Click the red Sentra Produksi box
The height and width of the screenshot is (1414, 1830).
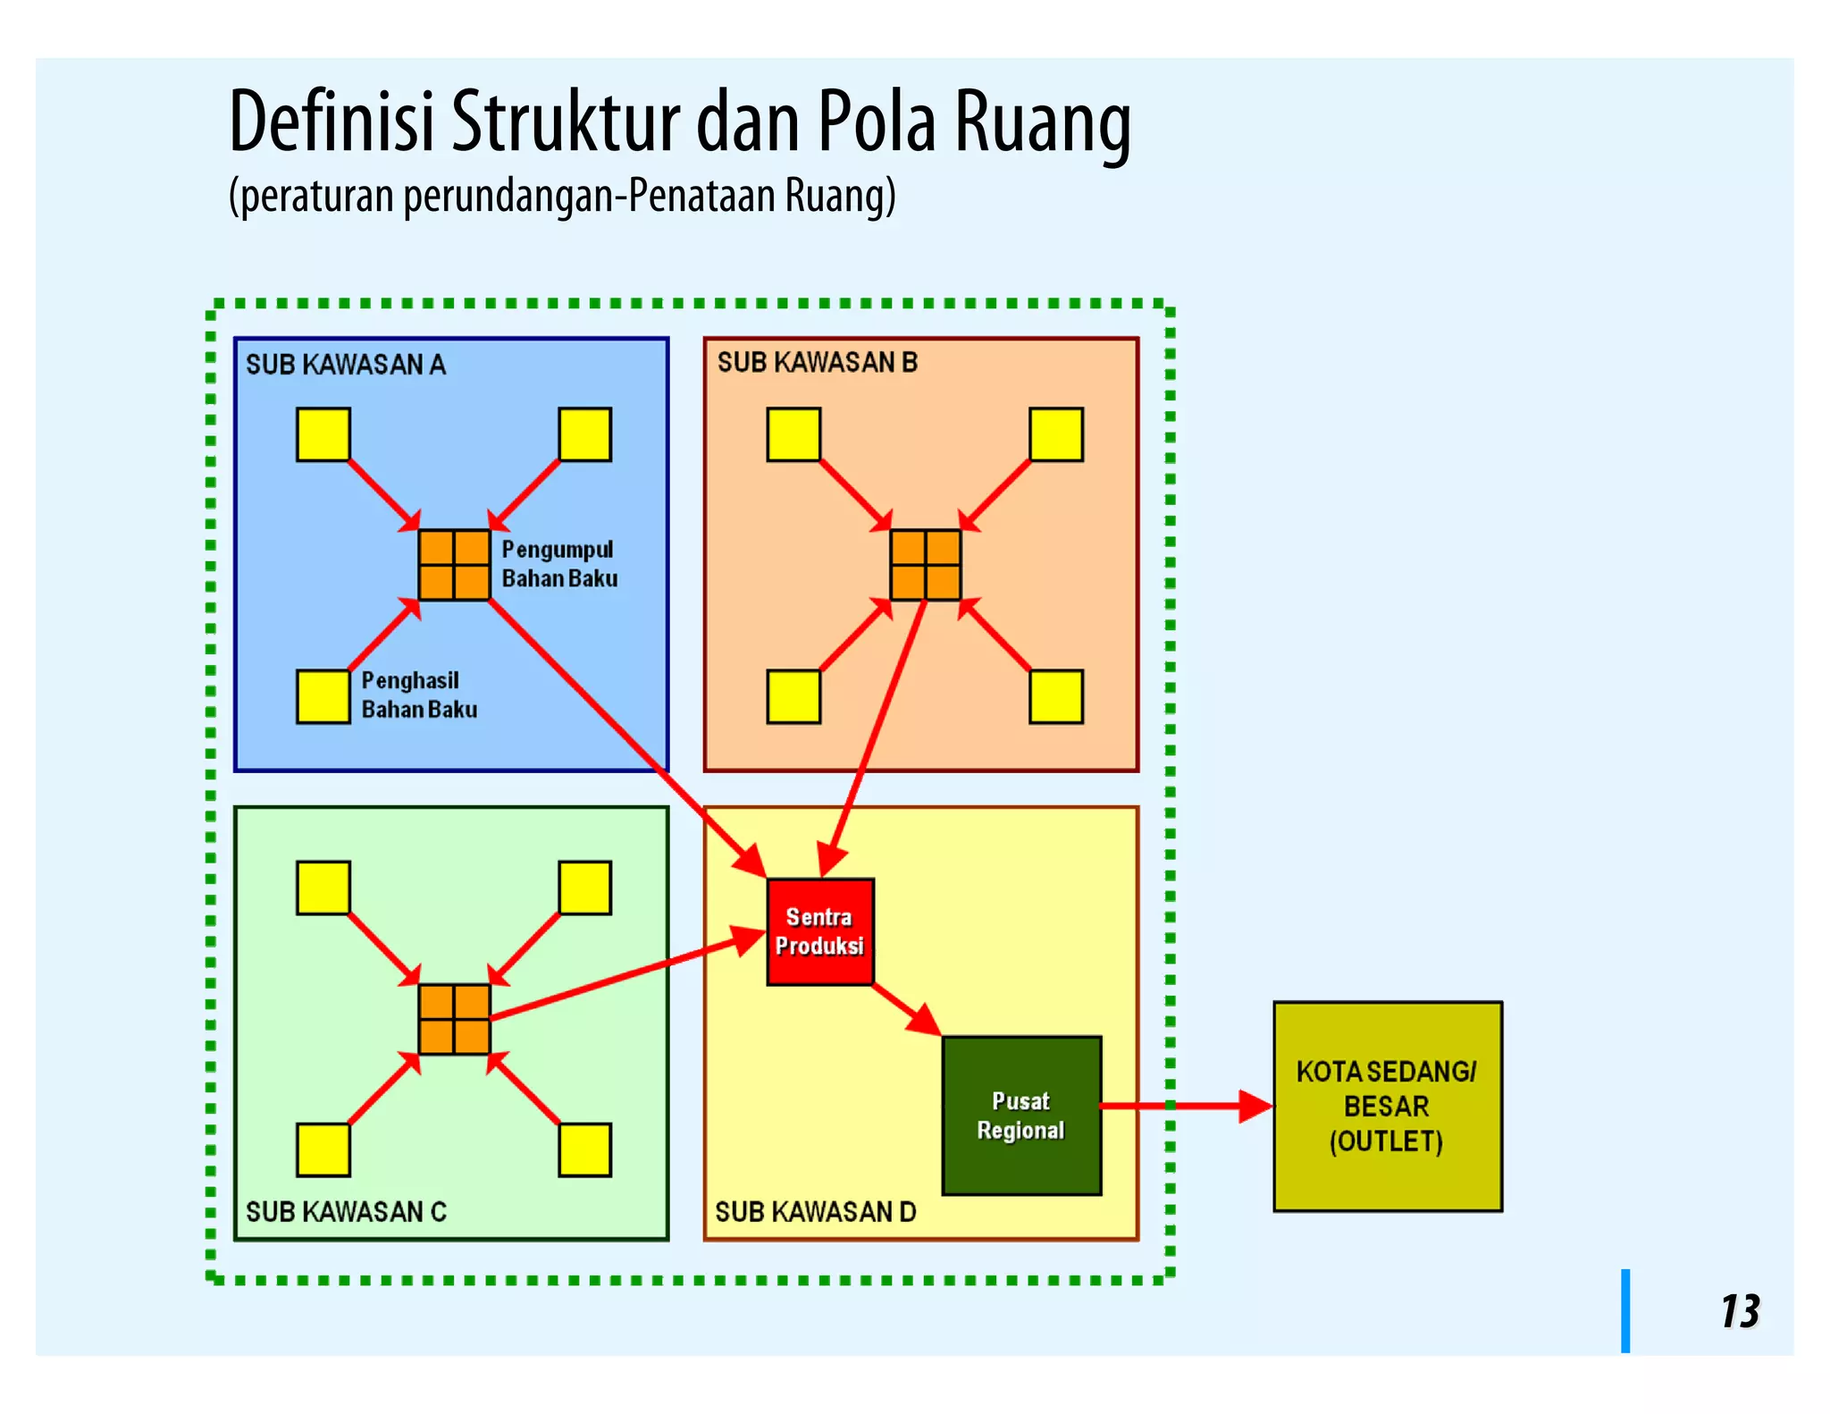[819, 931]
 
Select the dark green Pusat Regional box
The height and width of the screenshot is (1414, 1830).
[1021, 1115]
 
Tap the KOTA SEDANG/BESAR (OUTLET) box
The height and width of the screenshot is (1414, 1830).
[1387, 1106]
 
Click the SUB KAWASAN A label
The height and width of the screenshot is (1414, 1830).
[345, 365]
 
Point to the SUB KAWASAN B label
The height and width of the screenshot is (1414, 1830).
[817, 362]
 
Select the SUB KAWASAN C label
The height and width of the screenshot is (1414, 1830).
[346, 1211]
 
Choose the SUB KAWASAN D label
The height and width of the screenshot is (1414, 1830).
[815, 1211]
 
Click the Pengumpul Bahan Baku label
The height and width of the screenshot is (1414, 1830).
[558, 564]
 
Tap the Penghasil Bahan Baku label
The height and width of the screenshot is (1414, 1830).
[418, 694]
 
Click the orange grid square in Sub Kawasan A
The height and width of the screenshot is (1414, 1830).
[454, 565]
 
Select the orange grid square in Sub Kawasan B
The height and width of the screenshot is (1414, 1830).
[925, 565]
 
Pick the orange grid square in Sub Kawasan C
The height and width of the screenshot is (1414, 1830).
[454, 1019]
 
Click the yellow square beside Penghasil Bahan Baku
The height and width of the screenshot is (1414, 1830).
[323, 696]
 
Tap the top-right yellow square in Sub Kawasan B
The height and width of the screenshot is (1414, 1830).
[1055, 434]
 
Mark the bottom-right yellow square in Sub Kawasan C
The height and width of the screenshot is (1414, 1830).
[584, 1149]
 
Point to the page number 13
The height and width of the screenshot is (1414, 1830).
[1739, 1311]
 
